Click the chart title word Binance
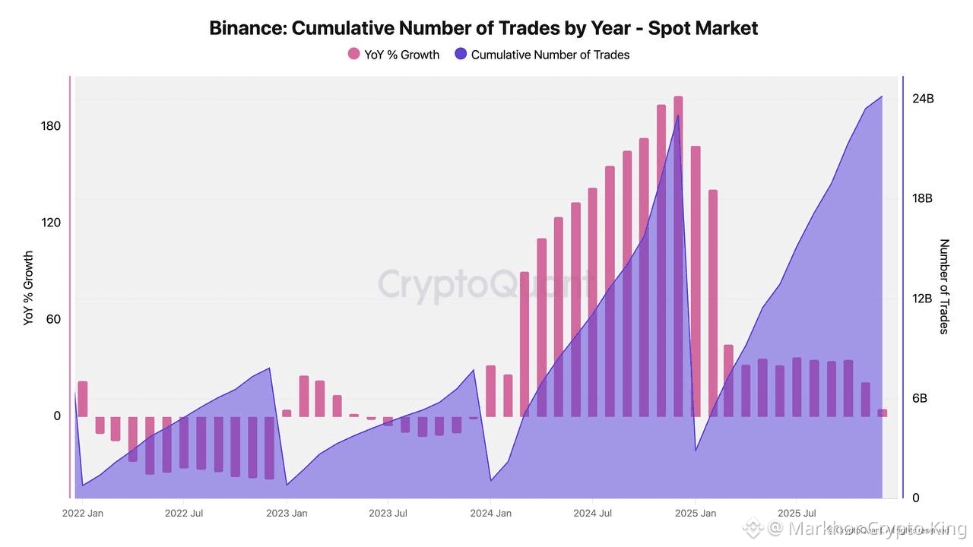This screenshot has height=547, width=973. pyautogui.click(x=246, y=29)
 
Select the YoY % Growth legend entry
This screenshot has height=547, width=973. pyautogui.click(x=393, y=55)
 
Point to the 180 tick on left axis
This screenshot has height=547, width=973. pyautogui.click(x=51, y=126)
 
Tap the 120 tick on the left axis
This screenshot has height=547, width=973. pyautogui.click(x=51, y=223)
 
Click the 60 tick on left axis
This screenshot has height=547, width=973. pyautogui.click(x=53, y=319)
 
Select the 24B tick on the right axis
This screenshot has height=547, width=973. pyautogui.click(x=923, y=99)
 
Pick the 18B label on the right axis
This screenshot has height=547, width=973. pyautogui.click(x=923, y=198)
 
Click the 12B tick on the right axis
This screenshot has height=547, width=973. pyautogui.click(x=923, y=299)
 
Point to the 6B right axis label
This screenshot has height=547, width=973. pyautogui.click(x=922, y=399)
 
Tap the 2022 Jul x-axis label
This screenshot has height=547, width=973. pyautogui.click(x=185, y=514)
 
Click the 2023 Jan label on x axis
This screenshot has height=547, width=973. pyautogui.click(x=287, y=514)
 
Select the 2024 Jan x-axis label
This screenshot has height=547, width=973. pyautogui.click(x=490, y=514)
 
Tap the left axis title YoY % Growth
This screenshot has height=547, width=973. pyautogui.click(x=29, y=289)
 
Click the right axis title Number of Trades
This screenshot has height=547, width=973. pyautogui.click(x=945, y=286)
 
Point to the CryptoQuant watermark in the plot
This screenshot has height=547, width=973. pyautogui.click(x=486, y=284)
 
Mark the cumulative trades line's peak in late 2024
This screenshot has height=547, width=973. pyautogui.click(x=678, y=115)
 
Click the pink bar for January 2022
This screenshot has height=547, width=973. pyautogui.click(x=83, y=398)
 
